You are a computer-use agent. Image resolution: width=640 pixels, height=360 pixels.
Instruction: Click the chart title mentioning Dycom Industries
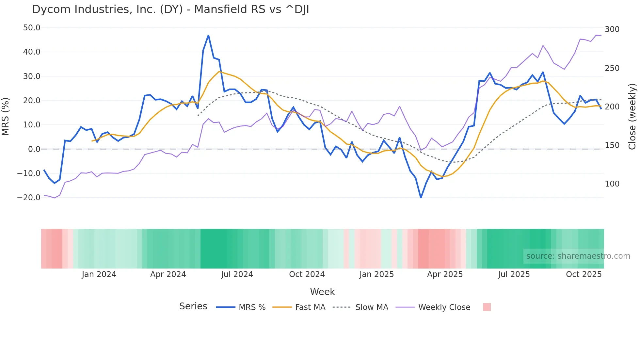pyautogui.click(x=170, y=9)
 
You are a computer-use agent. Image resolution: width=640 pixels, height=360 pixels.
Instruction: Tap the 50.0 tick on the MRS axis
pyautogui.click(x=32, y=28)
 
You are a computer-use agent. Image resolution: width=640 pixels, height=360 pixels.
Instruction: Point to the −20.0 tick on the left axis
pyautogui.click(x=29, y=198)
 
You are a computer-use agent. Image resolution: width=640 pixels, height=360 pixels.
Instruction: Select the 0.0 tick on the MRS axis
pyautogui.click(x=34, y=149)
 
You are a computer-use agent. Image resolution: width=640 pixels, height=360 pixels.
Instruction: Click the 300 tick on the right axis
pyautogui.click(x=612, y=29)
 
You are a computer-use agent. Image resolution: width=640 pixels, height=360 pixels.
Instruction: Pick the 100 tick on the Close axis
pyautogui.click(x=612, y=184)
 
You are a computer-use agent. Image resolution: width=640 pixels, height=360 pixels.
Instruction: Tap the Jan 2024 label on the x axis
pyautogui.click(x=99, y=274)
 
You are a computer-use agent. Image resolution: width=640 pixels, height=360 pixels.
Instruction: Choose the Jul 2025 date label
pyautogui.click(x=514, y=274)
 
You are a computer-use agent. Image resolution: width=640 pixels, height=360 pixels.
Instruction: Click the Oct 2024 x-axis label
pyautogui.click(x=307, y=274)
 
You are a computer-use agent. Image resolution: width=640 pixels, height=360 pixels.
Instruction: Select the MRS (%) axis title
pyautogui.click(x=6, y=116)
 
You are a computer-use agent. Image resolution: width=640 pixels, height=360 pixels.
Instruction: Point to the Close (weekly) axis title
pyautogui.click(x=632, y=116)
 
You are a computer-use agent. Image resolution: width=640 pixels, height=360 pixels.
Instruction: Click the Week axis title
pyautogui.click(x=322, y=292)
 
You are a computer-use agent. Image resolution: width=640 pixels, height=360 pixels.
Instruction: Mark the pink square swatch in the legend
pyautogui.click(x=487, y=307)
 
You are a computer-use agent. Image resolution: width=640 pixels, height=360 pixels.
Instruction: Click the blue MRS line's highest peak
pyautogui.click(x=208, y=36)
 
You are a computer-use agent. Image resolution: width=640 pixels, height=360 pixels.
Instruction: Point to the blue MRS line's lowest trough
pyautogui.click(x=421, y=198)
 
